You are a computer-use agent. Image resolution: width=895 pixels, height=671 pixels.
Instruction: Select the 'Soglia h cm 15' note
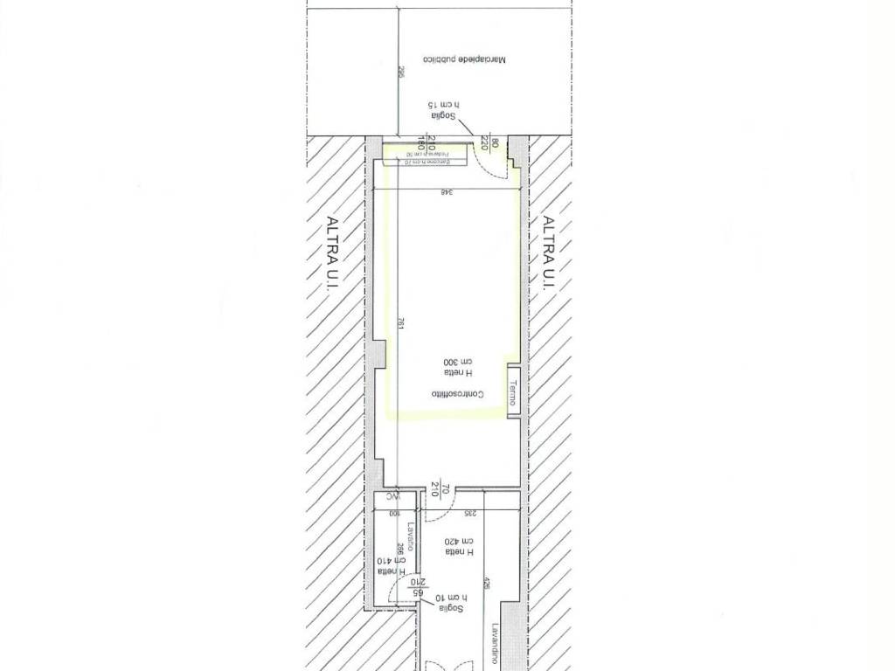pyautogui.click(x=444, y=111)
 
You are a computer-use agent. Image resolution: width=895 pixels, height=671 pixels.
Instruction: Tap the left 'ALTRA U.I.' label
pyautogui.click(x=333, y=253)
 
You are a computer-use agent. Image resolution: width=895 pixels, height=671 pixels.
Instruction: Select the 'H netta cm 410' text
pyautogui.click(x=386, y=566)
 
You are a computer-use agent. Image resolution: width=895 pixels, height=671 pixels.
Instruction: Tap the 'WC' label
pyautogui.click(x=388, y=500)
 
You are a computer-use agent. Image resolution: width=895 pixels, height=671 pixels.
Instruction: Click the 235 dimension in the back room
pyautogui.click(x=468, y=515)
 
